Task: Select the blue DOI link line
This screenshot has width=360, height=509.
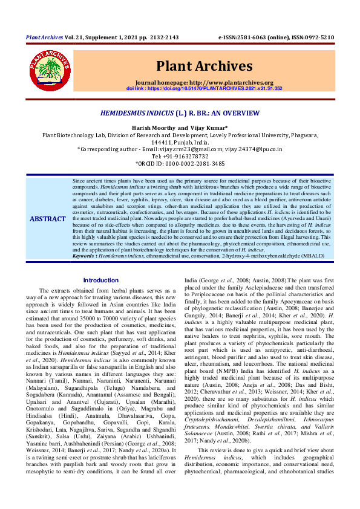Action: click(x=205, y=88)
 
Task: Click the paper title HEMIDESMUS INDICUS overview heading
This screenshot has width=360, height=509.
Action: click(x=180, y=113)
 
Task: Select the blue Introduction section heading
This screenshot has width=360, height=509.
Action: click(x=101, y=280)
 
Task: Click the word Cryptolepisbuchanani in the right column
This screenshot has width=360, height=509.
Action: click(x=211, y=436)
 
